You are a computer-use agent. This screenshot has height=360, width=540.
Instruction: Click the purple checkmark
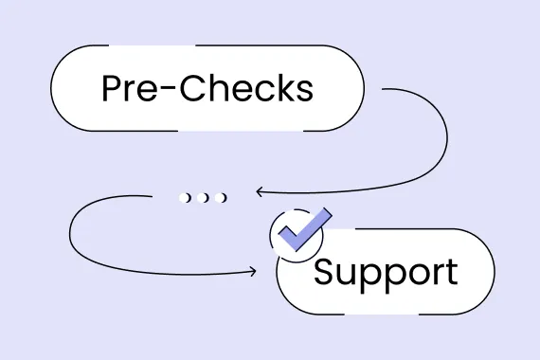point(301,230)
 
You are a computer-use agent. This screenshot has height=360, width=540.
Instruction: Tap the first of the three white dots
point(186,197)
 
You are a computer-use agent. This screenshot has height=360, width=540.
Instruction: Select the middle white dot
point(204,197)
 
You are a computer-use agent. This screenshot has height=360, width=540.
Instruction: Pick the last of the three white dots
point(222,197)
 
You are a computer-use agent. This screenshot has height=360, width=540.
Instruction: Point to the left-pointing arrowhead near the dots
point(260,191)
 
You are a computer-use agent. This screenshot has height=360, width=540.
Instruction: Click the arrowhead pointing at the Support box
point(251,272)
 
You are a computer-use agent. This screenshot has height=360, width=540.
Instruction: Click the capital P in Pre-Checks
point(113,88)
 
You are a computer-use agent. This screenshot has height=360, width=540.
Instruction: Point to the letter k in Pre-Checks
point(281,88)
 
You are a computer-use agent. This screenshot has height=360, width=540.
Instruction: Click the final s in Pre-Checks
point(302,92)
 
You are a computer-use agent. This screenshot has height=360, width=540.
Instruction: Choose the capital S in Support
point(325,272)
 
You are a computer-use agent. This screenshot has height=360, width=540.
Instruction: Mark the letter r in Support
point(431,276)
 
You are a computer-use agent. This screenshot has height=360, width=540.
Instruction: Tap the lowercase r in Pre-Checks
point(134,92)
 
